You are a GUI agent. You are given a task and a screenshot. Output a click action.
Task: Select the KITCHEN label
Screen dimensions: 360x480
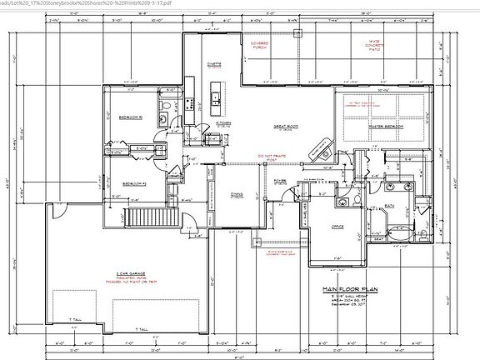223,122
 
